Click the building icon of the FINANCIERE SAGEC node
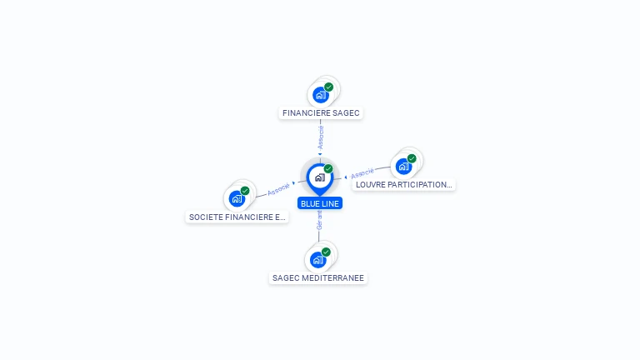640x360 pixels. tap(321, 94)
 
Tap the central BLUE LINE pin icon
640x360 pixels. tap(319, 177)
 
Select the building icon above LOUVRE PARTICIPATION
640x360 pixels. tap(404, 166)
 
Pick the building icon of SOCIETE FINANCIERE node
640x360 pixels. tap(237, 198)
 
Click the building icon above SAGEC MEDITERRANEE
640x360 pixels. tap(318, 259)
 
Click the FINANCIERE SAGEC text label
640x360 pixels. tap(321, 112)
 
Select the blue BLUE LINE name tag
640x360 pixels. tap(320, 203)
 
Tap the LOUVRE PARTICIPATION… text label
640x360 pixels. tap(403, 185)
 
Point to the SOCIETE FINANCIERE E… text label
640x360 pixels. tap(237, 217)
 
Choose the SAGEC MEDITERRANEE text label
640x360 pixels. tap(318, 278)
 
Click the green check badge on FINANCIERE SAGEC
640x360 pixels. tap(329, 87)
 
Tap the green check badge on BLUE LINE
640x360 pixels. tap(328, 169)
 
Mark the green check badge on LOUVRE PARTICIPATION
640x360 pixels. tap(412, 158)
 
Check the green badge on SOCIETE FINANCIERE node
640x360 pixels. tap(245, 191)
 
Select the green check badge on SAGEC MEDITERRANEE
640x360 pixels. tap(326, 252)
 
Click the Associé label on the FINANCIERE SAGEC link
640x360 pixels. tap(321, 137)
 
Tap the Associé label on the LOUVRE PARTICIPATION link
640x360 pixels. tap(362, 174)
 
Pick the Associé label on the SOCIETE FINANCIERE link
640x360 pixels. tap(278, 188)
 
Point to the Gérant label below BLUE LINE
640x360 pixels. tap(319, 220)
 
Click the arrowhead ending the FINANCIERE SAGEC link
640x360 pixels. tap(320, 154)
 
